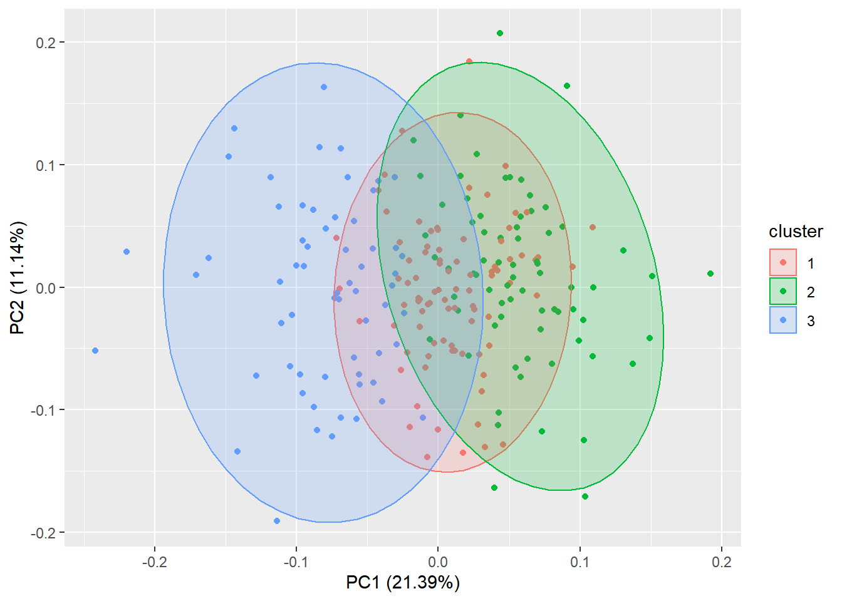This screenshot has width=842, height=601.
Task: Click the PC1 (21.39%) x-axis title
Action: point(403,583)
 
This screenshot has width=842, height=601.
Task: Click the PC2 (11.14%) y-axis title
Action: point(17,278)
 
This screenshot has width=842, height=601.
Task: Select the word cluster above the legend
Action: point(796,232)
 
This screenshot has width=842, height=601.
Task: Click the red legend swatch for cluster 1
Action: point(783,262)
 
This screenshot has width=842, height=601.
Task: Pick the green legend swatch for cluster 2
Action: point(783,291)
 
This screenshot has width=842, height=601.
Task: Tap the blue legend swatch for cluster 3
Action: point(783,320)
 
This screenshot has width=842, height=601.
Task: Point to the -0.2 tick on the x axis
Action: point(154,562)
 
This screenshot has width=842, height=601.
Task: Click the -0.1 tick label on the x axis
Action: point(296,562)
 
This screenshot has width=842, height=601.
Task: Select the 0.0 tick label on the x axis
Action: point(438,562)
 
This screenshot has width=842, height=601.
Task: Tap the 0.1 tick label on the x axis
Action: point(580,562)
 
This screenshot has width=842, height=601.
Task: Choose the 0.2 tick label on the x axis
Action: point(721,562)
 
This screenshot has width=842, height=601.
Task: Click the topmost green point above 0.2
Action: point(500,33)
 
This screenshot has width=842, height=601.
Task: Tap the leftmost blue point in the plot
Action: point(95,351)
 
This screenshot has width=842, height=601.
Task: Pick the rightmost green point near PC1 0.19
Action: point(710,274)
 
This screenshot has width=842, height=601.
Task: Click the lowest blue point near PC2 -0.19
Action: point(277,521)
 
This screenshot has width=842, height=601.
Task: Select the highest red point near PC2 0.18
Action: point(469,61)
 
